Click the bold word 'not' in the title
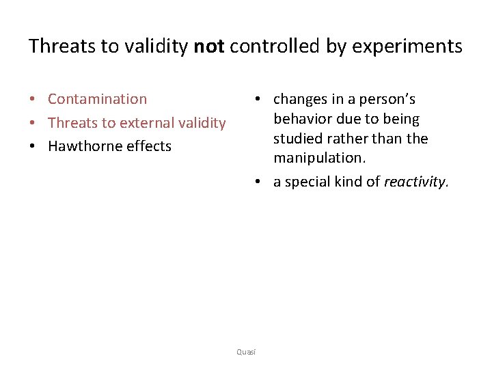click(x=210, y=46)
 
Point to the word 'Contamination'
click(x=97, y=99)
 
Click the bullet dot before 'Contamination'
click(x=33, y=100)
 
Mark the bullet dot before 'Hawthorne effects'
click(x=33, y=147)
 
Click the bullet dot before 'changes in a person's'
click(x=254, y=100)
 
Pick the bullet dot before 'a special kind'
click(x=254, y=182)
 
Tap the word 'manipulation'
click(x=318, y=159)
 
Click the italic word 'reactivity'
click(x=415, y=182)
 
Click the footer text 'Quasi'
click(x=246, y=351)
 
